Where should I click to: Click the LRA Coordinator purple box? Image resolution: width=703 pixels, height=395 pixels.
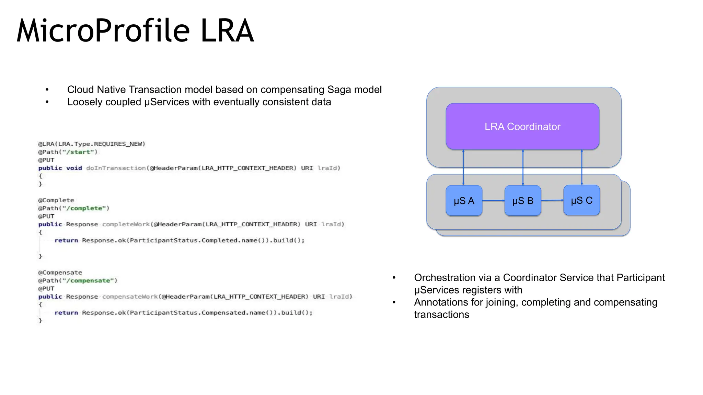522,126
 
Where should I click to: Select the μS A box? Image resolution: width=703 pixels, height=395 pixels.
464,201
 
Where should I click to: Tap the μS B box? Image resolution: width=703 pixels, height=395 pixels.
522,201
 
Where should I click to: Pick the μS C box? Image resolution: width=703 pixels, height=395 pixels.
581,200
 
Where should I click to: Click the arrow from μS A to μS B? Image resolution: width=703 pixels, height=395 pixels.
493,201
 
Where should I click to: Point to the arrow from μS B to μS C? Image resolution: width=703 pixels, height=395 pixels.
552,200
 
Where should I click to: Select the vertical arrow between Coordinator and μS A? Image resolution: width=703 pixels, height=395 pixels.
463,167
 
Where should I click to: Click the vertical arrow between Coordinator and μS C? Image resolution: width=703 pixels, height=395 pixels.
581,167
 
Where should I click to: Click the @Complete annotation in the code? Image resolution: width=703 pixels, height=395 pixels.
56,200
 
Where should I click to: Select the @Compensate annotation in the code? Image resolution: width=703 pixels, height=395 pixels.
60,273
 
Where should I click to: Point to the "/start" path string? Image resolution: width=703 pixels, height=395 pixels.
80,152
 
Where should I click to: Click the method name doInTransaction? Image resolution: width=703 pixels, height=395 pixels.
116,168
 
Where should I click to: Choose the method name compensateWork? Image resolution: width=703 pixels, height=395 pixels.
130,297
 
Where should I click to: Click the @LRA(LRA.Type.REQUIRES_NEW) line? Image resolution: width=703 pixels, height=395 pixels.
92,144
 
